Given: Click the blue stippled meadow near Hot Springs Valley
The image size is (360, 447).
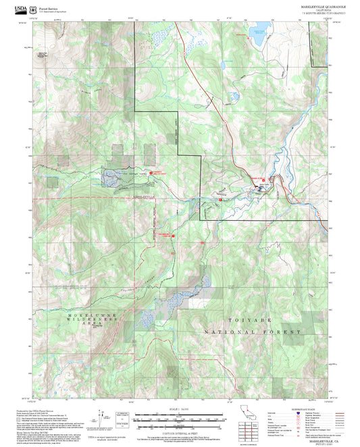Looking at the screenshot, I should tap(111, 178).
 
